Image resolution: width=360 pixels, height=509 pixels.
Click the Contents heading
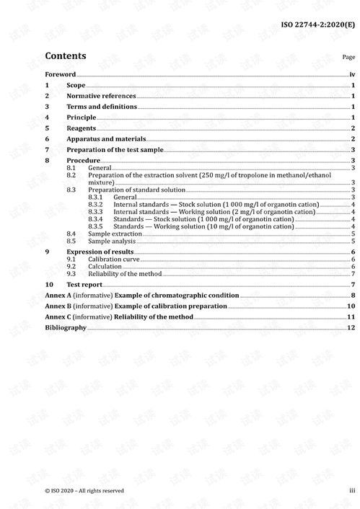[65, 56]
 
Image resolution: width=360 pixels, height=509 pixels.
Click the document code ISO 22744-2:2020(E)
[317, 25]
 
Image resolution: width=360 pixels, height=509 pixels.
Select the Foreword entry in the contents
[60, 74]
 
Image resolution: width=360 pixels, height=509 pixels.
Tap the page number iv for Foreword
[352, 74]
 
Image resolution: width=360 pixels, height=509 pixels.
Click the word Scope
[76, 85]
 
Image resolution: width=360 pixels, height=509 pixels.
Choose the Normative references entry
[101, 96]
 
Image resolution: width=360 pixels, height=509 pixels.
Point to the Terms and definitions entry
[102, 107]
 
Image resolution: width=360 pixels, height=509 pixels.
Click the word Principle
[81, 117]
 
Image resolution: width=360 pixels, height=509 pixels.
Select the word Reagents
[82, 128]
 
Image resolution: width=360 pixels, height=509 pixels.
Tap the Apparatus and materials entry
[106, 138]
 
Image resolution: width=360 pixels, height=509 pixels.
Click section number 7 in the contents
[47, 149]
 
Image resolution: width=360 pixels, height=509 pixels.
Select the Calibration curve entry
[113, 259]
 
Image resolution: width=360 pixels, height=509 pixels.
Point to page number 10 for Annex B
[350, 306]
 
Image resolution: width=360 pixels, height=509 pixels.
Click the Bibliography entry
[66, 327]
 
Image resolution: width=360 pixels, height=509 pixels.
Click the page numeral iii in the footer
[352, 490]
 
